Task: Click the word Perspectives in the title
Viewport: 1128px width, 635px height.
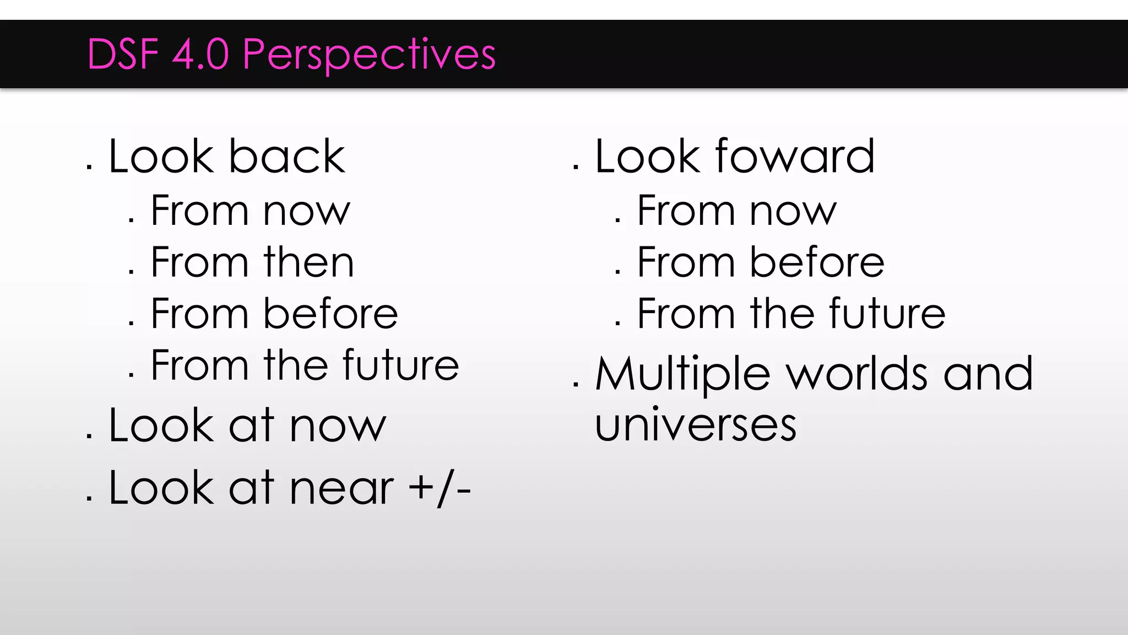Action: (x=369, y=55)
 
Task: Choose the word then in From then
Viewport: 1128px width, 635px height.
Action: (x=308, y=262)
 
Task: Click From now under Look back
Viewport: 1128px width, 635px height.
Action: (x=250, y=211)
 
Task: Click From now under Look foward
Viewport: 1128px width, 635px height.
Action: (x=736, y=211)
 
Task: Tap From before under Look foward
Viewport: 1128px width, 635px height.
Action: (x=760, y=262)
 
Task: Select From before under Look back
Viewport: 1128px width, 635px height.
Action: (x=274, y=314)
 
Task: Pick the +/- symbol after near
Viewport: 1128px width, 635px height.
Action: (x=440, y=488)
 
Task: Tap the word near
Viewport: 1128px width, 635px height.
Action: (x=341, y=489)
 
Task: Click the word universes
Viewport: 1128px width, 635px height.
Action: (x=696, y=426)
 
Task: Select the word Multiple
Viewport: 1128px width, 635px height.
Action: (x=682, y=375)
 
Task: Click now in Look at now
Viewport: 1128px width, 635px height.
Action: (x=338, y=427)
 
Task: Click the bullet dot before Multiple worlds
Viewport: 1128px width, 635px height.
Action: (x=576, y=385)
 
